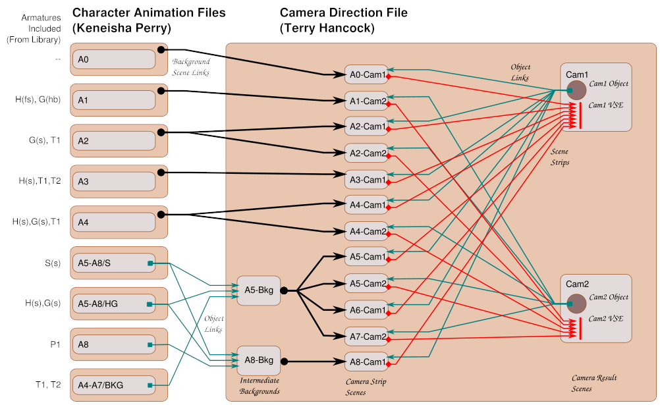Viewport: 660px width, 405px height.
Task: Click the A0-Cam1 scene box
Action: (366, 74)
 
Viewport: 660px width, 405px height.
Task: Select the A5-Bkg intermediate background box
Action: (258, 290)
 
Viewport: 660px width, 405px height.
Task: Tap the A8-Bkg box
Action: (259, 360)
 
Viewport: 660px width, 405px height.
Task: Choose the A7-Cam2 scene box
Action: (366, 337)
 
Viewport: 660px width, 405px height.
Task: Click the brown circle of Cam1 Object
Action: (577, 91)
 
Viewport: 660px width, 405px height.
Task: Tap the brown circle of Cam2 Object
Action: (577, 304)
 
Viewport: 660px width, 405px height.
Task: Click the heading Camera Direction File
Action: (343, 13)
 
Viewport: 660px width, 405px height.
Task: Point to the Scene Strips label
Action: (559, 157)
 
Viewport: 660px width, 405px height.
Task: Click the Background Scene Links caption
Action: (190, 67)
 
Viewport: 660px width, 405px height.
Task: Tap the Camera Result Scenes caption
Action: (592, 383)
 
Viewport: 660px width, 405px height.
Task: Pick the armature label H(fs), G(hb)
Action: (38, 99)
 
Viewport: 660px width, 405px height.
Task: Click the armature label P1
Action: (55, 344)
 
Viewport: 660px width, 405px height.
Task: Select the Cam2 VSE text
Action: (606, 319)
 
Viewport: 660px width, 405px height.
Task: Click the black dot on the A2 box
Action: (161, 133)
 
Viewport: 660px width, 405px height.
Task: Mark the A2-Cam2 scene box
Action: (366, 153)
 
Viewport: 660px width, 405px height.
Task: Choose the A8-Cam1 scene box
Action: (366, 362)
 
